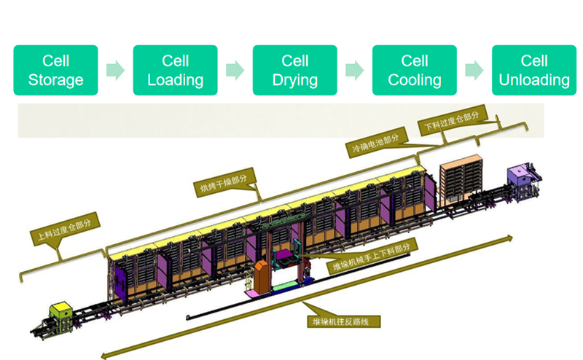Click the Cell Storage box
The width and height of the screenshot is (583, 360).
coord(55,70)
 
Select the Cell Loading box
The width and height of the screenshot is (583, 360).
coord(175,70)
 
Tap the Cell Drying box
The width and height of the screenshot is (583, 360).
coord(295,70)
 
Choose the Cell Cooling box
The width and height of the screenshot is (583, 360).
coord(415,70)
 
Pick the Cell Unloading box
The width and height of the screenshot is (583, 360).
coord(534,70)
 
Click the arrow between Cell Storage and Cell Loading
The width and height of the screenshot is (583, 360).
coord(115,70)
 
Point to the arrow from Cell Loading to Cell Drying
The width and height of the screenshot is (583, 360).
coord(235,70)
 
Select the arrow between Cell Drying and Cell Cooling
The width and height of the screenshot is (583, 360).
coord(355,70)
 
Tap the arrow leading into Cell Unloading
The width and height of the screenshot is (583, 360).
coord(474,70)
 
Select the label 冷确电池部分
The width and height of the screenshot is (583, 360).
coord(375,144)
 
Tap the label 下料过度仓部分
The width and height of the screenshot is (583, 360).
coord(452,122)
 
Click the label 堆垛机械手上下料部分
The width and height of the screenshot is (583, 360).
coord(372,256)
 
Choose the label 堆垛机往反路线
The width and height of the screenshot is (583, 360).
coord(344,320)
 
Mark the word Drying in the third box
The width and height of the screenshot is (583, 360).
coord(295,79)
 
